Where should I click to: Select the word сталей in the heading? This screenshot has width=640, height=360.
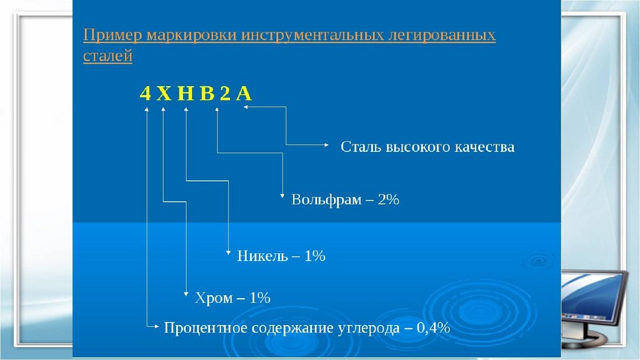[x=107, y=56]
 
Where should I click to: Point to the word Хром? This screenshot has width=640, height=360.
[x=214, y=298]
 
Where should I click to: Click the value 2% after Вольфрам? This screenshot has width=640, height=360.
[x=387, y=201]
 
